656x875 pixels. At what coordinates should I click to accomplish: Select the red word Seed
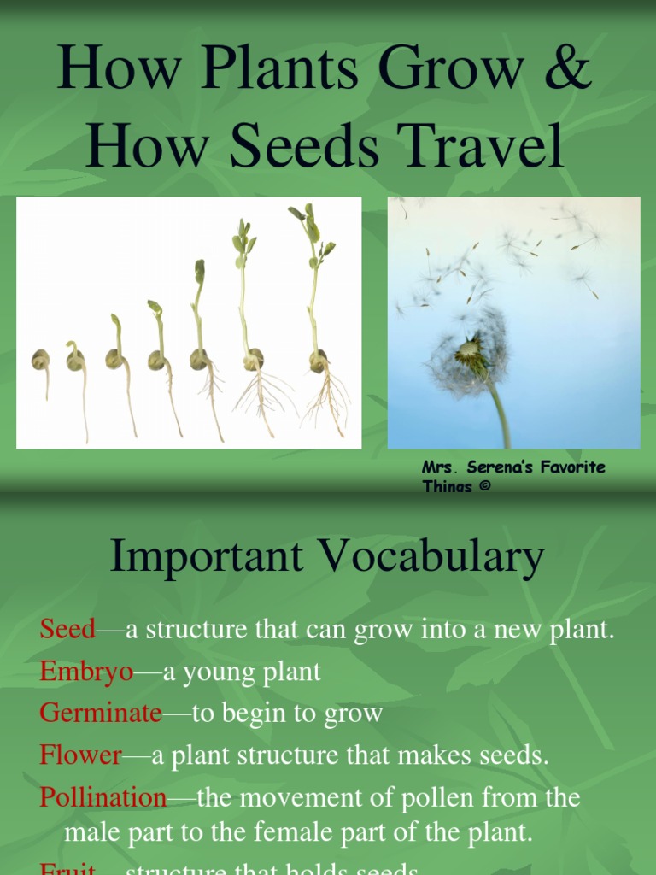click(x=67, y=630)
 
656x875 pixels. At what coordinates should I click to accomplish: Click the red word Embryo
click(x=86, y=672)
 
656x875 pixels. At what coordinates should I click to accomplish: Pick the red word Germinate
click(x=100, y=713)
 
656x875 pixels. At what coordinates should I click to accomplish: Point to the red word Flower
click(x=81, y=755)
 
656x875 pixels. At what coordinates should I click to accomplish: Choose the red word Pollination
click(x=103, y=797)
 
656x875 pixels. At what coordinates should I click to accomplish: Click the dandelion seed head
click(x=469, y=352)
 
